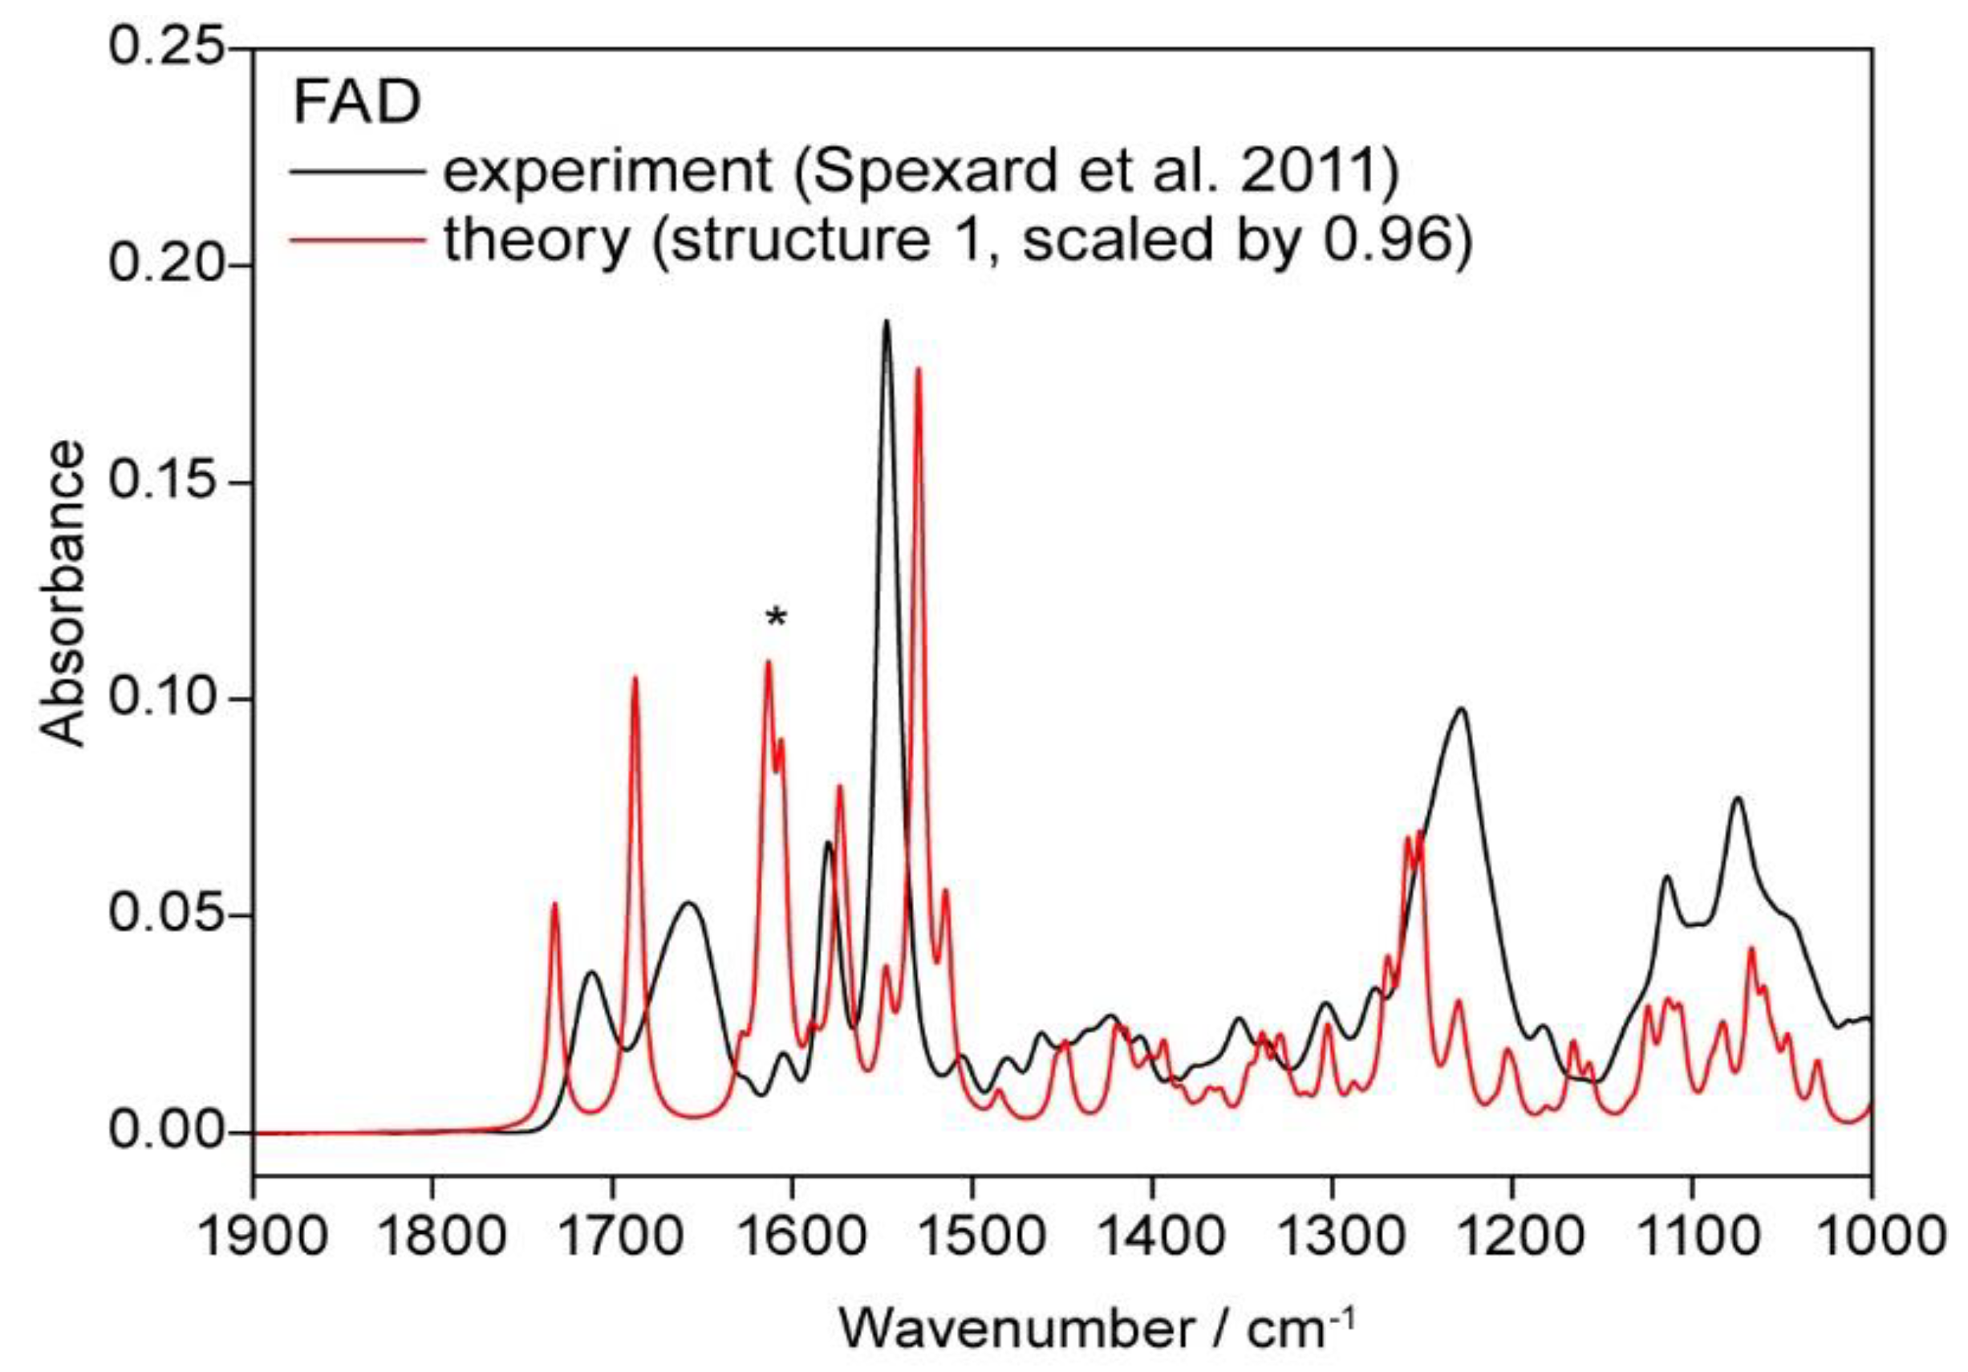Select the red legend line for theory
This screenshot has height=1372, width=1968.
point(358,241)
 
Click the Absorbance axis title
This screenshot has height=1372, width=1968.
point(63,593)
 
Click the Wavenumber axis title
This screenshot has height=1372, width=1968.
point(1098,1329)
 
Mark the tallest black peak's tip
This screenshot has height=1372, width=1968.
point(887,322)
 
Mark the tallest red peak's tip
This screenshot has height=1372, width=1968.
point(918,368)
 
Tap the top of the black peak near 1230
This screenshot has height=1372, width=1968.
point(1462,708)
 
